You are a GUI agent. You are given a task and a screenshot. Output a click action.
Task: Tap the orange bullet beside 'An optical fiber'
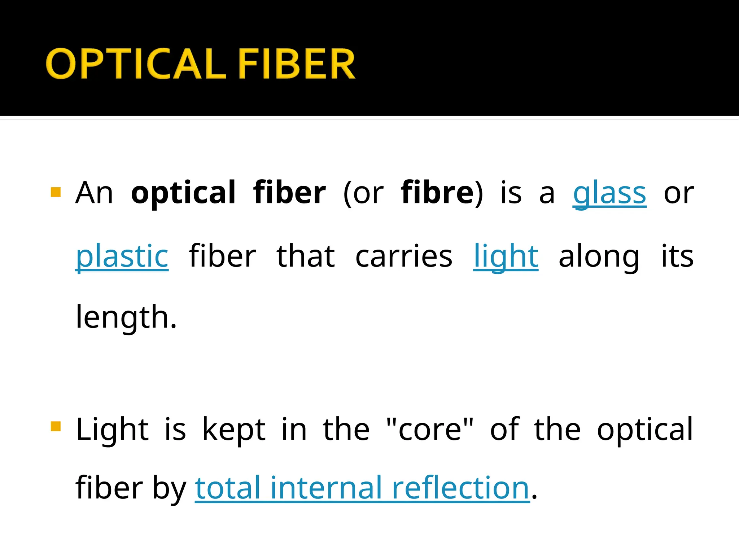click(56, 192)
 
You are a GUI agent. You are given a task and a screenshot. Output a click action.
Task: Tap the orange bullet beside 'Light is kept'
click(56, 426)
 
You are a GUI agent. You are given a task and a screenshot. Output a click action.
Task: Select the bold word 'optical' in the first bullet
click(183, 193)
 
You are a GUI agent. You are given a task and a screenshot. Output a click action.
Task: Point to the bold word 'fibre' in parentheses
click(437, 193)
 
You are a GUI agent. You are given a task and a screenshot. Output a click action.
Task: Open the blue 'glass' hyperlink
click(609, 194)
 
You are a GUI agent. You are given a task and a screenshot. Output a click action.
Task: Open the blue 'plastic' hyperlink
click(122, 257)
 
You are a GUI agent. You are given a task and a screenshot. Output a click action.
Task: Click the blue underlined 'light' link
click(506, 257)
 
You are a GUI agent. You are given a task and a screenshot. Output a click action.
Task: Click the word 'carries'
click(404, 257)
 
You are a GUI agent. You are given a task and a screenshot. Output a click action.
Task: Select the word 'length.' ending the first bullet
click(126, 317)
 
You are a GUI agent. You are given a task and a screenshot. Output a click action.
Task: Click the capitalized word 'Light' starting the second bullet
click(112, 429)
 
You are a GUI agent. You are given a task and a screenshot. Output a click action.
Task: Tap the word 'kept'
click(233, 430)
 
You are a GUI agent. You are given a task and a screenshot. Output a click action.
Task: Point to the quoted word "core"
click(429, 429)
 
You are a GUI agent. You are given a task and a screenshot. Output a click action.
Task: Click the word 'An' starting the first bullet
click(94, 193)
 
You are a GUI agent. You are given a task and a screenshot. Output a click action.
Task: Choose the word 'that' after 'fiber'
click(306, 257)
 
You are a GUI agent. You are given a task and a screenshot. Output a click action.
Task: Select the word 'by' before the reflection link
click(169, 489)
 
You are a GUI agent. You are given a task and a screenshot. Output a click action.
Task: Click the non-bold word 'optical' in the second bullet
click(645, 430)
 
